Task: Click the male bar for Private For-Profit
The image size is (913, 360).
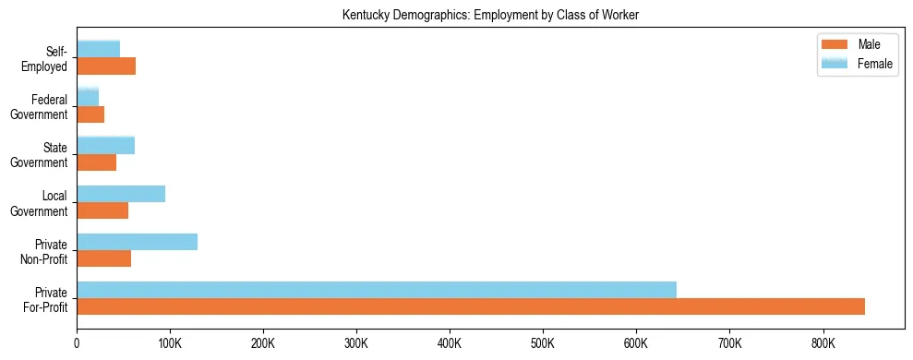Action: [x=471, y=306]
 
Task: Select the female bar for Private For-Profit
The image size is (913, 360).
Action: [x=377, y=290]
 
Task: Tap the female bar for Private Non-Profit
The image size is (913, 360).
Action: [x=137, y=242]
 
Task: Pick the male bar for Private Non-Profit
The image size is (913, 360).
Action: [x=103, y=258]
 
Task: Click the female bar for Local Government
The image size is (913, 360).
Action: [x=121, y=194]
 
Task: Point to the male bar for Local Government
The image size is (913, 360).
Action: [x=102, y=210]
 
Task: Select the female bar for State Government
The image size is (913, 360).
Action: [x=105, y=145]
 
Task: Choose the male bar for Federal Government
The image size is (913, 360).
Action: [x=90, y=114]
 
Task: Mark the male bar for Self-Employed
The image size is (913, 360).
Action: [x=106, y=66]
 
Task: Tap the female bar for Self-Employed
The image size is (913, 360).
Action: [x=98, y=49]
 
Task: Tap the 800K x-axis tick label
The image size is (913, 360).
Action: [x=823, y=343]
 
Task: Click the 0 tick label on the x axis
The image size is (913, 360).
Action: [x=77, y=343]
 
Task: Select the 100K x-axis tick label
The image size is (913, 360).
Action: [x=170, y=343]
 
